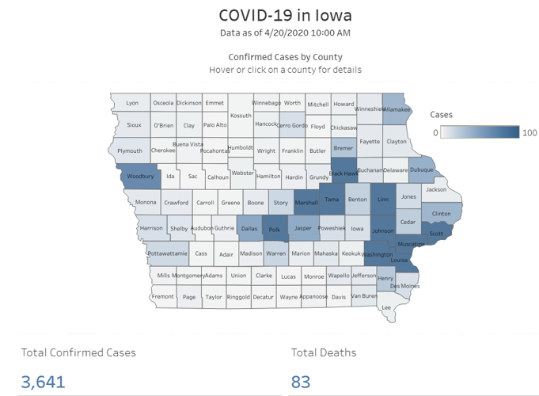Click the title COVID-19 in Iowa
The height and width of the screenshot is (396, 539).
pyautogui.click(x=285, y=15)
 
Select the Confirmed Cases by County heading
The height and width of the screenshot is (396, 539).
pyautogui.click(x=285, y=57)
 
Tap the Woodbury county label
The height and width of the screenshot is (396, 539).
pyautogui.click(x=140, y=177)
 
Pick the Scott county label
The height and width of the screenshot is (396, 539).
pyautogui.click(x=436, y=234)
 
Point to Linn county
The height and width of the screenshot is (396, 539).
pyautogui.click(x=383, y=200)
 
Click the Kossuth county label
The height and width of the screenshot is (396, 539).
pyautogui.click(x=240, y=116)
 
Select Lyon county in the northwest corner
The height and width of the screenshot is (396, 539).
pyautogui.click(x=132, y=104)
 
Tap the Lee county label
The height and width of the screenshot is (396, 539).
pyautogui.click(x=386, y=307)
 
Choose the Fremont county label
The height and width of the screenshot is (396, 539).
pyautogui.click(x=162, y=297)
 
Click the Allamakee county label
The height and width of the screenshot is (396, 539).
pyautogui.click(x=397, y=109)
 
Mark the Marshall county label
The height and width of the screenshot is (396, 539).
pyautogui.click(x=306, y=203)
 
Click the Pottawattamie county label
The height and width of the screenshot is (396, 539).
pyautogui.click(x=167, y=253)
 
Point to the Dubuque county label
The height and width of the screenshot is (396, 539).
pyautogui.click(x=421, y=169)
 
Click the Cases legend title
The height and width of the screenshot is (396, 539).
pyautogui.click(x=441, y=115)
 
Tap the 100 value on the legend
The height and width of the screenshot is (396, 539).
pyautogui.click(x=530, y=133)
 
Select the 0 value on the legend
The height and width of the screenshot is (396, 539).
pyautogui.click(x=435, y=133)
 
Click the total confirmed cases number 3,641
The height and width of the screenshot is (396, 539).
pyautogui.click(x=44, y=382)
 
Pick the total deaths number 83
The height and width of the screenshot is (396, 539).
pyautogui.click(x=301, y=382)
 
